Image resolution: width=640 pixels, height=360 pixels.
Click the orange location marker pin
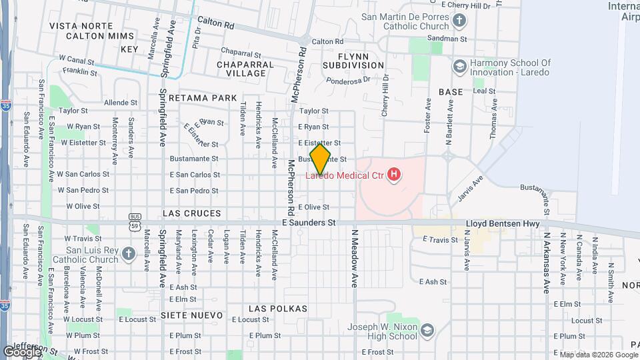tap(320, 159)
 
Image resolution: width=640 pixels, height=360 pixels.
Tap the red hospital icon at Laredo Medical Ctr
tap(395, 175)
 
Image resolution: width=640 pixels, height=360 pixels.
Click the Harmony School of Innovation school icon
tap(459, 66)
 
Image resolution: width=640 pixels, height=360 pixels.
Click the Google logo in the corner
tap(22, 351)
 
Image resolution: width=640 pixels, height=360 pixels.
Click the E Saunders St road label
tap(308, 223)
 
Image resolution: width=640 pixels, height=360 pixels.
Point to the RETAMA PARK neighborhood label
tap(203, 98)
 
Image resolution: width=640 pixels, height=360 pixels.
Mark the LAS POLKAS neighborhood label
tap(277, 309)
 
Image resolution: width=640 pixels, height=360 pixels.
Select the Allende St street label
tap(121, 103)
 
